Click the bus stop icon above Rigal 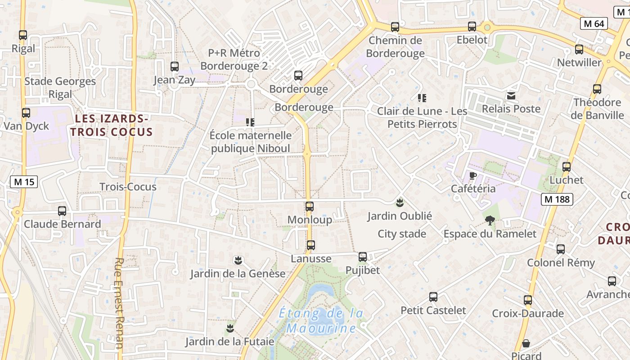click(22, 35)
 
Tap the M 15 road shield click(24, 182)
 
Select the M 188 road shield click(557, 199)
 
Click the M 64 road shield click(594, 23)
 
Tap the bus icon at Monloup click(310, 207)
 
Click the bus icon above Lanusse click(310, 245)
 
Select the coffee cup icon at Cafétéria click(472, 175)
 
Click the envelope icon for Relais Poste click(511, 95)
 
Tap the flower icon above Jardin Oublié click(400, 202)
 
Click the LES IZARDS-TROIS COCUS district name click(111, 125)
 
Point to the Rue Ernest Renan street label click(119, 303)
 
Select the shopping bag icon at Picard click(526, 343)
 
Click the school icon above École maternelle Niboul click(251, 122)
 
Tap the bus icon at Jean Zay click(175, 67)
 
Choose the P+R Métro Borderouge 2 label click(234, 59)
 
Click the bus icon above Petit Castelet click(433, 297)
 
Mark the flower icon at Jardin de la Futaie click(230, 328)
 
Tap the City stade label click(402, 234)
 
